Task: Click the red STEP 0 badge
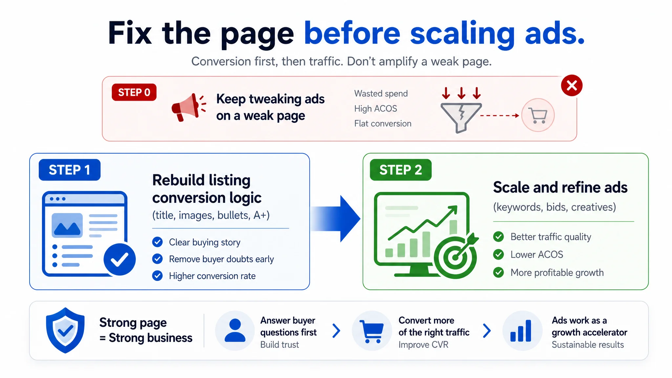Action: pyautogui.click(x=134, y=92)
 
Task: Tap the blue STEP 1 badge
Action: pyautogui.click(x=70, y=170)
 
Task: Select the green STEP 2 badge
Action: pyautogui.click(x=401, y=170)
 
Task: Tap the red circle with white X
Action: pyautogui.click(x=572, y=86)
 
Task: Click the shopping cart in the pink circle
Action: pyautogui.click(x=538, y=115)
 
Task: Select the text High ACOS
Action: pyautogui.click(x=376, y=109)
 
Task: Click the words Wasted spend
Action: pyautogui.click(x=381, y=94)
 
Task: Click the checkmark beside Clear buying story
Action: pyautogui.click(x=157, y=242)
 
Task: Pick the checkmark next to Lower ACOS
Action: pyautogui.click(x=498, y=255)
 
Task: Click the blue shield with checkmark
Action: pyautogui.click(x=65, y=330)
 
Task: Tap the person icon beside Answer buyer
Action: pyautogui.click(x=235, y=330)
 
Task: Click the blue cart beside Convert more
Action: pyautogui.click(x=372, y=331)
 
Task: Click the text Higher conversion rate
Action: pyautogui.click(x=212, y=276)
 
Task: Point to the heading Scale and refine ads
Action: pyautogui.click(x=560, y=187)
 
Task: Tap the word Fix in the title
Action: pyautogui.click(x=130, y=33)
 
